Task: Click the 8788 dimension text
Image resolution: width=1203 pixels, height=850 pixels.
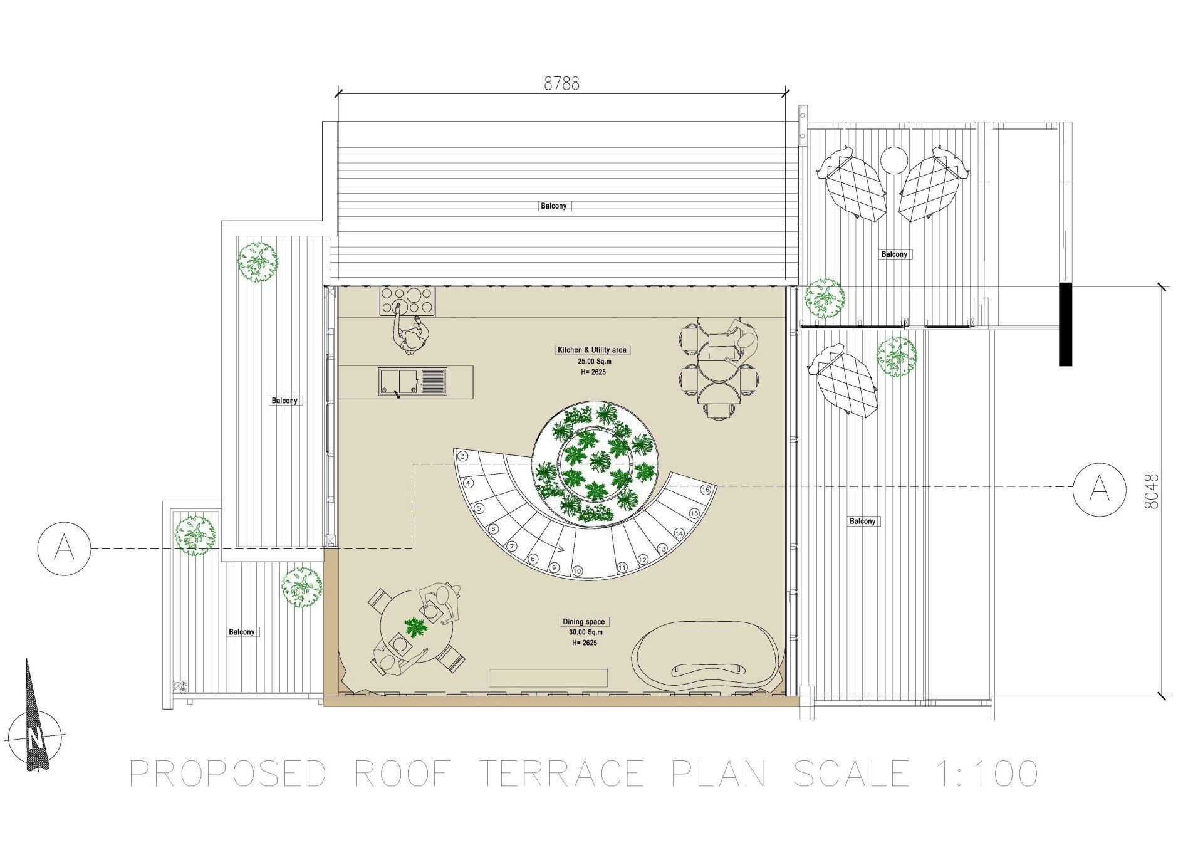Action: point(561,83)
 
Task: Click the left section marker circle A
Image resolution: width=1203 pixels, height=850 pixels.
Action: point(65,548)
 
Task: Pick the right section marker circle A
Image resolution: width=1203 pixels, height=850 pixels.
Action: point(1100,490)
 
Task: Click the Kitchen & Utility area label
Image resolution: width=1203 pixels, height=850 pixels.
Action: point(592,350)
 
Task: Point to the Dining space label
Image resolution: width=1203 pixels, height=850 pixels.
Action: point(583,622)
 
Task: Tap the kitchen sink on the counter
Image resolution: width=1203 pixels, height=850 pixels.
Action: point(413,382)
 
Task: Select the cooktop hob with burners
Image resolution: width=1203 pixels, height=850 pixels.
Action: point(406,301)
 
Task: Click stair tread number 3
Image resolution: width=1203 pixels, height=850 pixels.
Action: point(462,456)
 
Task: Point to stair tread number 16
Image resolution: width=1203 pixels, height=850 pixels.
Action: point(706,490)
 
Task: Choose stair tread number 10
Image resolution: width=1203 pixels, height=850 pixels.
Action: point(577,570)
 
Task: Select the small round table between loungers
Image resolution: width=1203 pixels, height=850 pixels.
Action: point(894,160)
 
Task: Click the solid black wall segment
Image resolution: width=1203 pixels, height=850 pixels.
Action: point(1065,323)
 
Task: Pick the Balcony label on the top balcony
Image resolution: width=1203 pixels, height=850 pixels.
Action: point(553,206)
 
